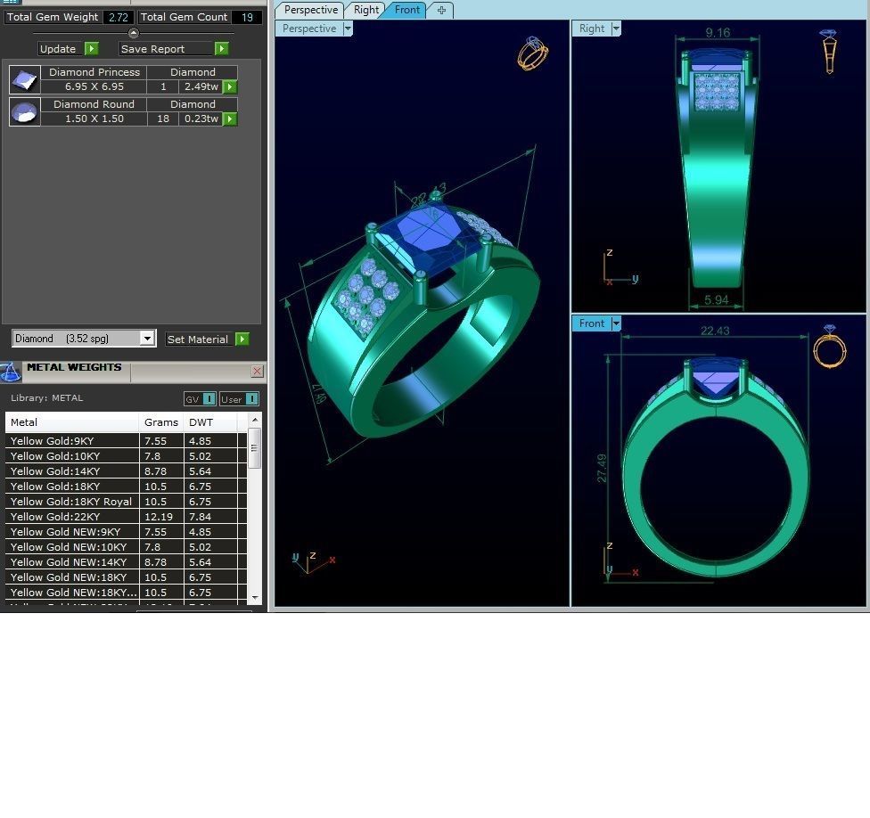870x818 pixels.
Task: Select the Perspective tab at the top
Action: coord(310,10)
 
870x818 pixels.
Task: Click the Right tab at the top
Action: coord(365,10)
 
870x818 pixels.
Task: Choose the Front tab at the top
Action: coord(406,10)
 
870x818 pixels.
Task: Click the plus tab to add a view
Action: coord(440,10)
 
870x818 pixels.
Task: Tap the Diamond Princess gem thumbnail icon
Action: coord(24,79)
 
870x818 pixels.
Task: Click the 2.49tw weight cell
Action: coord(201,86)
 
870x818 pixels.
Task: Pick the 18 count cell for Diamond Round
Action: coord(162,119)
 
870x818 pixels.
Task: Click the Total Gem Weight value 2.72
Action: coord(118,17)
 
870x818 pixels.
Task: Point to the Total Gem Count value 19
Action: coord(247,17)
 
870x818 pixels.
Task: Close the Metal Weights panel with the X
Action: coord(257,371)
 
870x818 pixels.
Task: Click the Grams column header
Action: coord(160,422)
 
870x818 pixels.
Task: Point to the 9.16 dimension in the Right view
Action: coord(718,33)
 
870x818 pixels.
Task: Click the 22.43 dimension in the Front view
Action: coord(715,331)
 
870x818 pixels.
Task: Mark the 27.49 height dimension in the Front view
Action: coord(602,469)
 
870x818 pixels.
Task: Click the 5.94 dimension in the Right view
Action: coord(717,300)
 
